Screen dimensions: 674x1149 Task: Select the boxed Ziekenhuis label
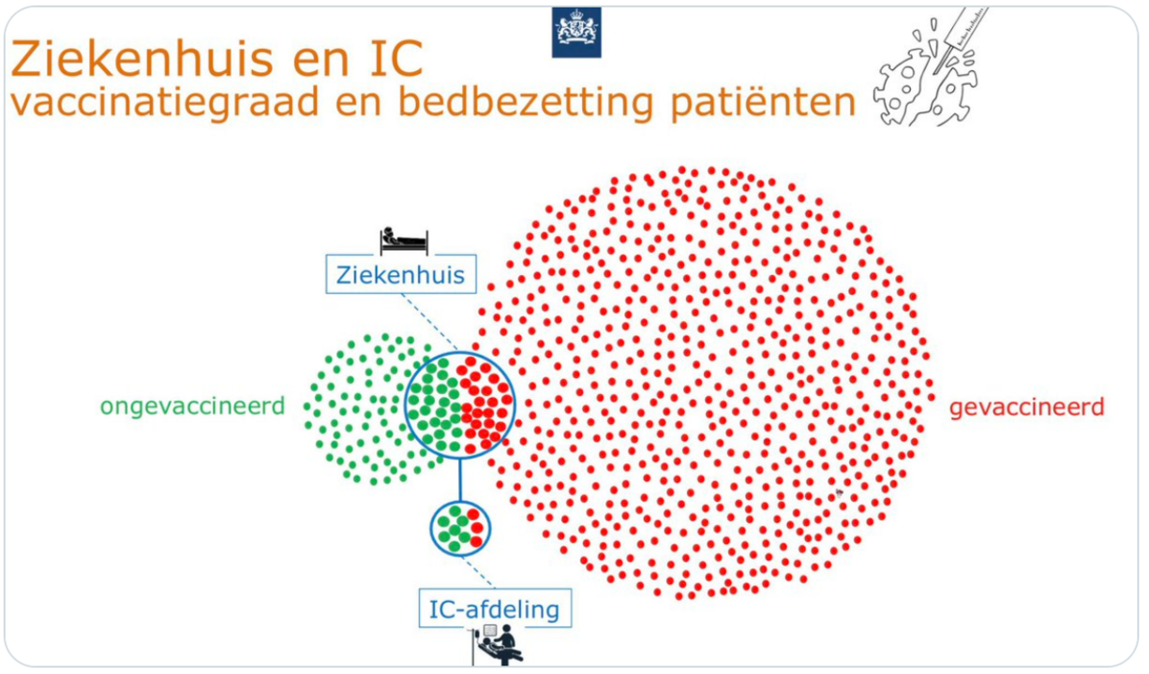point(400,275)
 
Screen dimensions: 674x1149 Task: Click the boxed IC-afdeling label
point(494,610)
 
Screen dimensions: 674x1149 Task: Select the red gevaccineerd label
point(1027,407)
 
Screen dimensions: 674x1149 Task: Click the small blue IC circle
point(459,528)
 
